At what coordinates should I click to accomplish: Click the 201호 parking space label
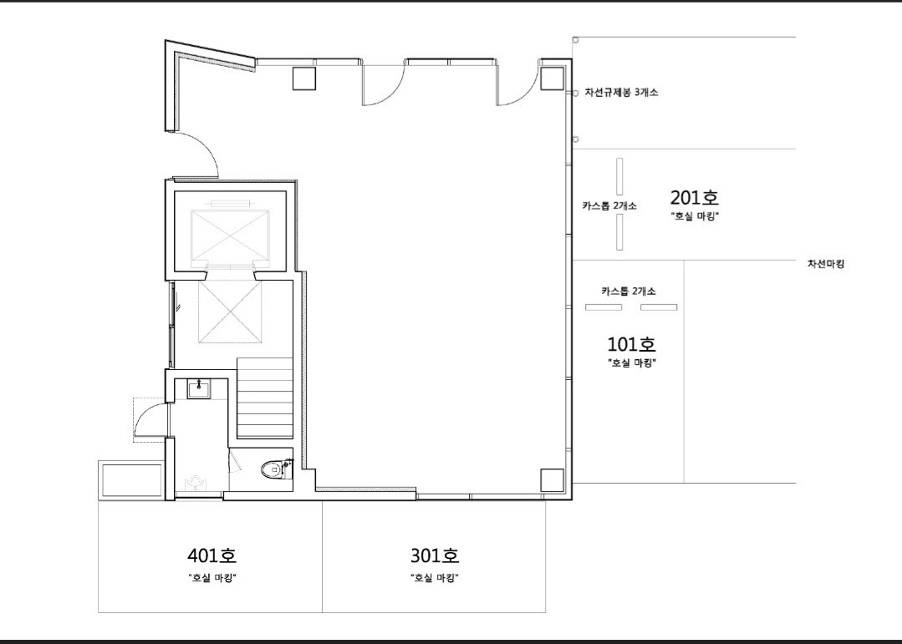[x=695, y=198]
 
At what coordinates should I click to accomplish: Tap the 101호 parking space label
[x=632, y=344]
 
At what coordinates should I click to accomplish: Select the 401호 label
[x=212, y=555]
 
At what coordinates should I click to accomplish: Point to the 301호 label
[x=435, y=555]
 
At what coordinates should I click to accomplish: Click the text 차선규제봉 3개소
[x=621, y=92]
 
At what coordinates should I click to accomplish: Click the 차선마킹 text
[x=825, y=264]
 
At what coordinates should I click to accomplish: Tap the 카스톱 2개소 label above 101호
[x=628, y=292]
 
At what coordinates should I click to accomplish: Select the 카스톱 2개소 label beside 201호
[x=609, y=205]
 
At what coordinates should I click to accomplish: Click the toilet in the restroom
[x=275, y=469]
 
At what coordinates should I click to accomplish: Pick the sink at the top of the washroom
[x=199, y=389]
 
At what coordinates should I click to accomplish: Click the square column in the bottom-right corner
[x=553, y=479]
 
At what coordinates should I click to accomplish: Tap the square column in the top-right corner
[x=553, y=79]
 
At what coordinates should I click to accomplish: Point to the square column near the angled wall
[x=304, y=79]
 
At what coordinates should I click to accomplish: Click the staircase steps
[x=265, y=398]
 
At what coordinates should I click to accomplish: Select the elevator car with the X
[x=230, y=236]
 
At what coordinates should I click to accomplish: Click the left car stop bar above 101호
[x=604, y=307]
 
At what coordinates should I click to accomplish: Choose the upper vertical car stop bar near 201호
[x=619, y=176]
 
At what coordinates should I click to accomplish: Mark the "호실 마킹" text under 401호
[x=212, y=578]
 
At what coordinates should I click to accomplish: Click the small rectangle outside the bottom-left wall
[x=132, y=480]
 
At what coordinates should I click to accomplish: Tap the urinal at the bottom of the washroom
[x=196, y=483]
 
